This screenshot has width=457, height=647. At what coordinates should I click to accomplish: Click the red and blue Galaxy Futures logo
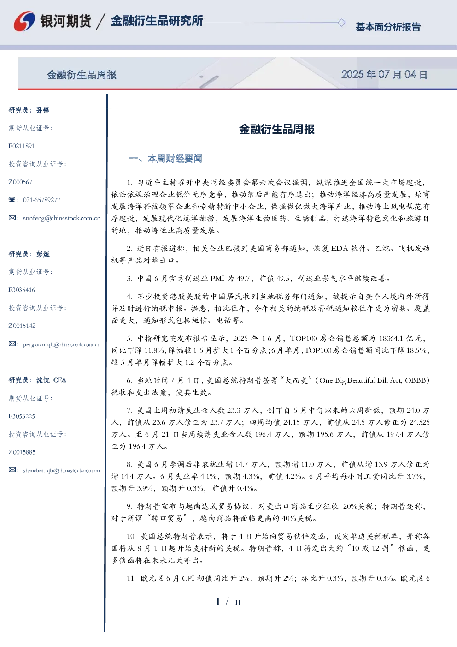tap(24, 21)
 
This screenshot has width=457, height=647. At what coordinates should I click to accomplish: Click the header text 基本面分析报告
tap(388, 27)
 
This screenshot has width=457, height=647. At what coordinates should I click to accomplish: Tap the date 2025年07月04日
tap(384, 75)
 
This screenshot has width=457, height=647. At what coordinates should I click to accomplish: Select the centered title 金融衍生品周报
tap(277, 129)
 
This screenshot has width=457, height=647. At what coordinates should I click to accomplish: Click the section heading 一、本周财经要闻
tap(165, 159)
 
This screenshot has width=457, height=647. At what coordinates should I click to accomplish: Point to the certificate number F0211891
tap(22, 146)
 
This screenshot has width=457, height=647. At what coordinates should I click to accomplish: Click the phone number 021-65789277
tap(41, 200)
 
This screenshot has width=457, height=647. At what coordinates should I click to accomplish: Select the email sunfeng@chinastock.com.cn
tap(62, 218)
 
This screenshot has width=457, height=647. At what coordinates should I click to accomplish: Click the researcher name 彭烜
tap(43, 254)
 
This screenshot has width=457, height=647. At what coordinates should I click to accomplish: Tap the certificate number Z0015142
tap(22, 326)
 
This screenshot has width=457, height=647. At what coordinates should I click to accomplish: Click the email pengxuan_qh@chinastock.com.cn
tap(62, 344)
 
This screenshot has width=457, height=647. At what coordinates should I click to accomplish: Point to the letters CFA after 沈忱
tap(60, 380)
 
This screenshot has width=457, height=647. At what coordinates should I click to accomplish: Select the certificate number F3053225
tap(22, 416)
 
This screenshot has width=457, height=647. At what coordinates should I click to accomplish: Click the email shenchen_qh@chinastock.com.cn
tap(61, 470)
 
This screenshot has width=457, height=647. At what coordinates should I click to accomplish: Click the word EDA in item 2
tap(339, 249)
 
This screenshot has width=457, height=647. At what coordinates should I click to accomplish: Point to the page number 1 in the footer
tap(218, 602)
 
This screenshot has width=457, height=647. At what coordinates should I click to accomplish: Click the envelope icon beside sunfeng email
tap(12, 218)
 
